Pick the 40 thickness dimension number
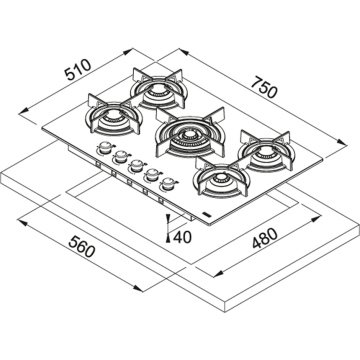pyautogui.click(x=180, y=236)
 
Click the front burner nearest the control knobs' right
pyautogui.click(x=216, y=180)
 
